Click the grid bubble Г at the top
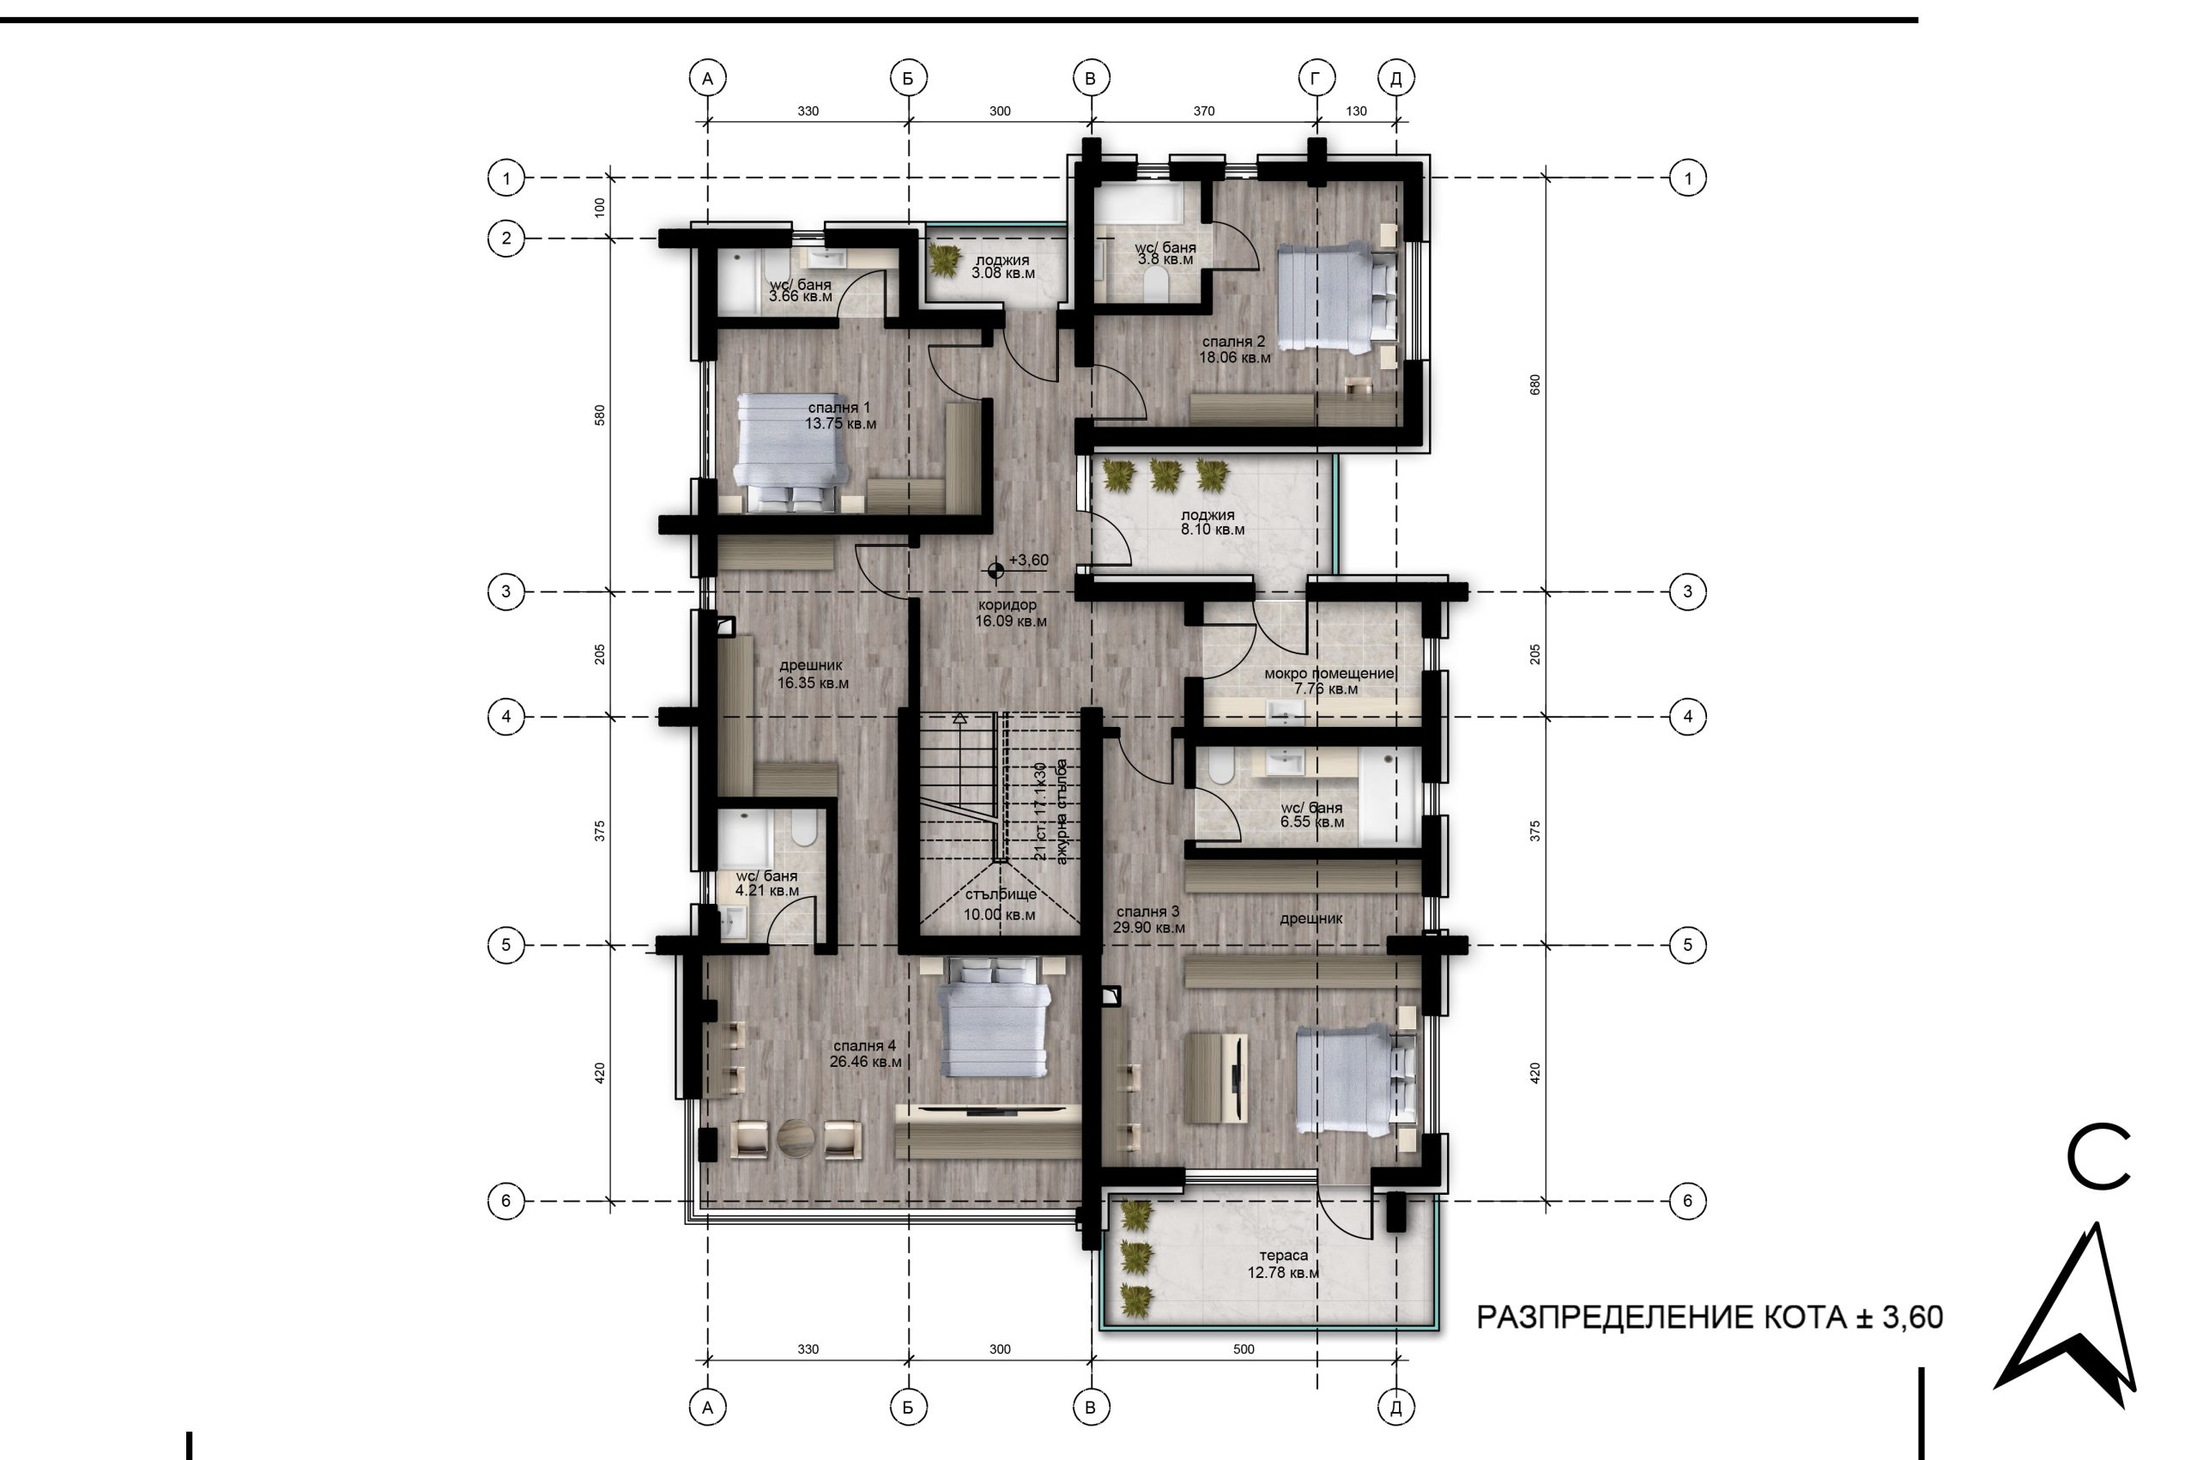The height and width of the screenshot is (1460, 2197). [x=1316, y=78]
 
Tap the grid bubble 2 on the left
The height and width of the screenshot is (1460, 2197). [x=506, y=239]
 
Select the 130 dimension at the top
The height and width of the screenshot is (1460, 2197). [x=1356, y=111]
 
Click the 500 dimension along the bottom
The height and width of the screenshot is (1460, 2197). [x=1244, y=1349]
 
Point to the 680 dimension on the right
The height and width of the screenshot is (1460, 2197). [x=1535, y=385]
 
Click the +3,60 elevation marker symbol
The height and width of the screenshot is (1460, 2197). [x=996, y=570]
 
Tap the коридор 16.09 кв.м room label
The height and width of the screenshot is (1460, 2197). [x=1011, y=613]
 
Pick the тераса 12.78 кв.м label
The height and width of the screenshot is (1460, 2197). [x=1283, y=1264]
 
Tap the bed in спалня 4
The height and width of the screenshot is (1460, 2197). [x=993, y=1019]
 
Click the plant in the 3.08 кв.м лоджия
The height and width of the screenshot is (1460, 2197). [x=945, y=260]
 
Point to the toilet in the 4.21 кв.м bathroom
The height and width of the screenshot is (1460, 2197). [x=803, y=827]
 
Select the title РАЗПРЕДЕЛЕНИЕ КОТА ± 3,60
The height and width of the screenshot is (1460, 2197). [x=1710, y=1318]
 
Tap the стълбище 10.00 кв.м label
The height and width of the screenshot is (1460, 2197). [x=1000, y=904]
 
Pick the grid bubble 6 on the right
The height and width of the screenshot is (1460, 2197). [x=1688, y=1201]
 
